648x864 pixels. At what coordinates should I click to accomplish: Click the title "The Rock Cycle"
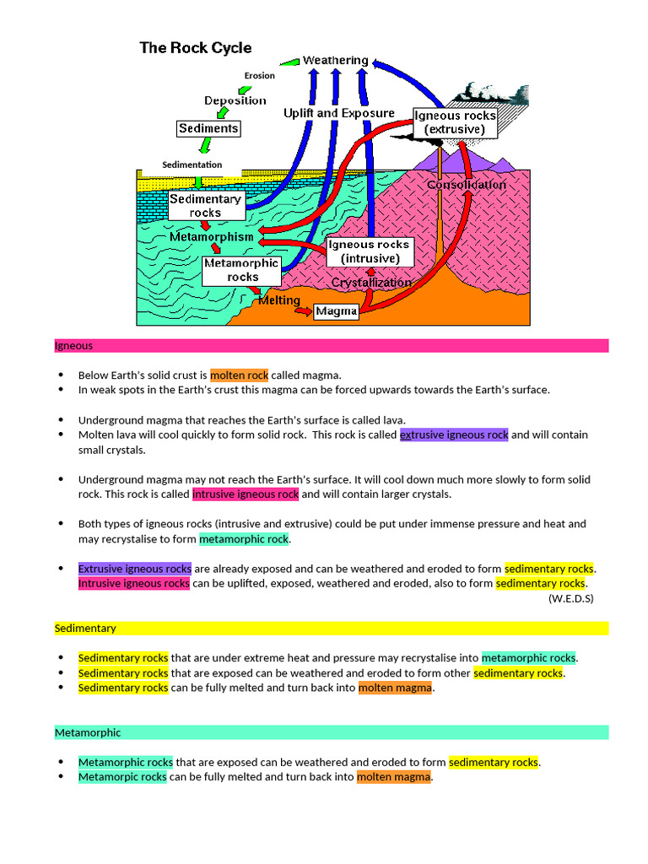click(x=196, y=48)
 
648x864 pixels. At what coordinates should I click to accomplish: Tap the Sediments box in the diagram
click(x=208, y=128)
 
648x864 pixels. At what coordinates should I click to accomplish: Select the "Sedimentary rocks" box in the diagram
click(x=205, y=206)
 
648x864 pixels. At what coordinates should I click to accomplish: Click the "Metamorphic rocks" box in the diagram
click(x=242, y=270)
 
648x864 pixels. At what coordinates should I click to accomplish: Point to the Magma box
click(x=337, y=312)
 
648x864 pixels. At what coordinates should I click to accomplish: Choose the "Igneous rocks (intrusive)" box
click(x=369, y=251)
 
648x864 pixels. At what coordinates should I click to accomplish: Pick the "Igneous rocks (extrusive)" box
click(x=455, y=122)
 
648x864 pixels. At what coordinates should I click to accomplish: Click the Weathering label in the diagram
click(x=335, y=60)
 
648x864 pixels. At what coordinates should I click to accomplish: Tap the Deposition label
click(x=235, y=100)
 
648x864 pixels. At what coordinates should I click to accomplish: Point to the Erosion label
click(x=260, y=76)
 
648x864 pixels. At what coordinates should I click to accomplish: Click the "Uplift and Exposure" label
click(x=338, y=113)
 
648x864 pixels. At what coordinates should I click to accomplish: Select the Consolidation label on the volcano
click(x=467, y=185)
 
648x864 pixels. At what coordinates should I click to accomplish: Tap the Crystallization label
click(x=371, y=283)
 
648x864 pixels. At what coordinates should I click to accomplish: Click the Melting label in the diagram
click(x=278, y=300)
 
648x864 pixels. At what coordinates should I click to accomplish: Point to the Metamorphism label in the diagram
click(x=211, y=237)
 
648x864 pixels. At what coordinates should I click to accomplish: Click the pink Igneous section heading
click(x=74, y=346)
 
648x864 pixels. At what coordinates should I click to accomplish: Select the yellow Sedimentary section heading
click(x=85, y=629)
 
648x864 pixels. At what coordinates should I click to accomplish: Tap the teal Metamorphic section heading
click(x=88, y=732)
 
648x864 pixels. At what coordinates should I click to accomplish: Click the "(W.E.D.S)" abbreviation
click(x=570, y=598)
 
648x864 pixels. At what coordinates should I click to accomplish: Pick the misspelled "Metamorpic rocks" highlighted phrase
click(x=122, y=777)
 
